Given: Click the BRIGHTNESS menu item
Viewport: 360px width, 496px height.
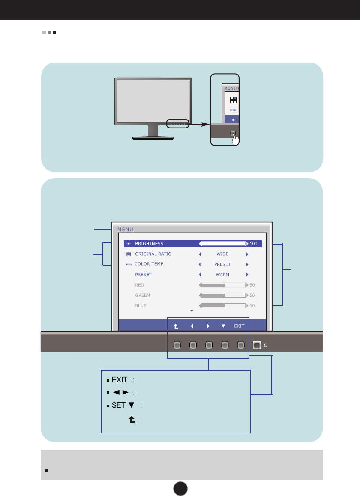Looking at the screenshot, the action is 149,244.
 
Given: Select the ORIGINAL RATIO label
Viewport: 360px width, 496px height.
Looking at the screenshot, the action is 153,254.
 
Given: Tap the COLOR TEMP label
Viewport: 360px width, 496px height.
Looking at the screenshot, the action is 149,264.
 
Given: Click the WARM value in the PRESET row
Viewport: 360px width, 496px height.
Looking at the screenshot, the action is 222,275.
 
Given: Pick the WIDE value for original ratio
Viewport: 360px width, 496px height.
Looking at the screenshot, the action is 222,254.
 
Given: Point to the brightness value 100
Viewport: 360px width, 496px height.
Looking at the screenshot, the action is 253,244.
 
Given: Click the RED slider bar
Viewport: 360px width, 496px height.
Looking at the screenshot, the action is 223,285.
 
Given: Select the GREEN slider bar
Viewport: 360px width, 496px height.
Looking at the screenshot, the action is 223,295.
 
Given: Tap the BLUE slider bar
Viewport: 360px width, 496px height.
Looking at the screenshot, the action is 223,305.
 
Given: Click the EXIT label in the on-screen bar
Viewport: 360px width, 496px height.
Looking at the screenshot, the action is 239,326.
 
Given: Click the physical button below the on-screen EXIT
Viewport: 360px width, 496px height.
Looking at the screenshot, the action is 241,344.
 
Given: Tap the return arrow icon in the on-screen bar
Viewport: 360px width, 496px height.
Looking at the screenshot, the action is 176,326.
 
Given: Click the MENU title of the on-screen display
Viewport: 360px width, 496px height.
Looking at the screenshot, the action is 126,229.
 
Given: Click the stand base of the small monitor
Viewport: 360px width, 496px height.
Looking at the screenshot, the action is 153,138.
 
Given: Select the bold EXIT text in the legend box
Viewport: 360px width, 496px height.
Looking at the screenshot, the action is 120,380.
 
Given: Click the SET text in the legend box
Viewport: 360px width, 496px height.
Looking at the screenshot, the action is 119,405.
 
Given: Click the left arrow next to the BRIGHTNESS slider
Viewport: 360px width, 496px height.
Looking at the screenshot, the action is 199,244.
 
